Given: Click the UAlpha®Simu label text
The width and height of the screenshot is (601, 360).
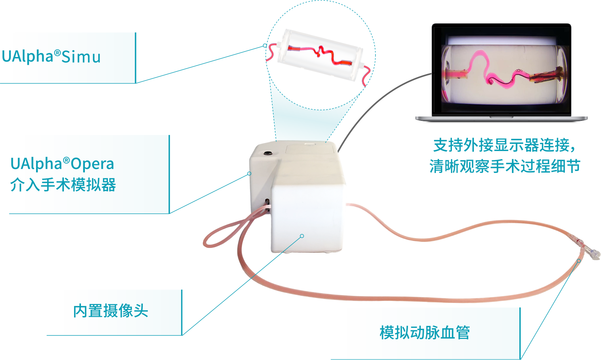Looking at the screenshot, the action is [51, 57].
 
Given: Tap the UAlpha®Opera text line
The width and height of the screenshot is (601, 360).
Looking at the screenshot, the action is [62, 164].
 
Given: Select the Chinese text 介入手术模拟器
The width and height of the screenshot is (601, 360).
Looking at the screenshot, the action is [63, 185].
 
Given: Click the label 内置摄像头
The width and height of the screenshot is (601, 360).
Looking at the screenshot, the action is [110, 311].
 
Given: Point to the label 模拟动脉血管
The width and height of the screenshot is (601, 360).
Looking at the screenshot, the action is [425, 332].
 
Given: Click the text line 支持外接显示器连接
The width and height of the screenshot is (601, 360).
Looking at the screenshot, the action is [504, 145].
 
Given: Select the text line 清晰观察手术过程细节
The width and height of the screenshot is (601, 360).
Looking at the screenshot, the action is [505, 166].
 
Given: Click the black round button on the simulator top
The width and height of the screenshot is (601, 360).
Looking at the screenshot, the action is [268, 153].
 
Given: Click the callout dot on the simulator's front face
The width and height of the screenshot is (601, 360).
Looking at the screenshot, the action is [302, 236].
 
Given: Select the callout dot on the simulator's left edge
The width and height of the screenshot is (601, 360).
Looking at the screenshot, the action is [249, 173].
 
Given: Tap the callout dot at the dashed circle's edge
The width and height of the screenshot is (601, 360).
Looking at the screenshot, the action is [265, 46].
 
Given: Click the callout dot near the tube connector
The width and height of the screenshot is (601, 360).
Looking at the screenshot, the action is [579, 261].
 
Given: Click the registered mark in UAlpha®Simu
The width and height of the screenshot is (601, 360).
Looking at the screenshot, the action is [57, 52].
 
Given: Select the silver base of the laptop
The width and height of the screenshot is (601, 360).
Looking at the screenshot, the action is [501, 118].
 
